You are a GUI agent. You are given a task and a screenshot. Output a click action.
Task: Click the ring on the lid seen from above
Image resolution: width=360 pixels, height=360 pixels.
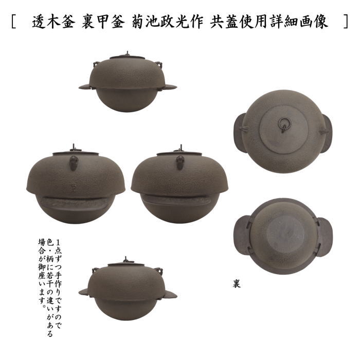pyautogui.click(x=283, y=124)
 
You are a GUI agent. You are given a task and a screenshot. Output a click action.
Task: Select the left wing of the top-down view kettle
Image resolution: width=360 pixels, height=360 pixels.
pyautogui.click(x=240, y=131)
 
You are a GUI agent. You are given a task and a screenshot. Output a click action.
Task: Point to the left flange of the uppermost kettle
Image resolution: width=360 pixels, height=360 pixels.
pyautogui.click(x=85, y=87)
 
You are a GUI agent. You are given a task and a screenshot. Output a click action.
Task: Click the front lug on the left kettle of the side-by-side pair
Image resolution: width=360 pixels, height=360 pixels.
pyautogui.click(x=75, y=164)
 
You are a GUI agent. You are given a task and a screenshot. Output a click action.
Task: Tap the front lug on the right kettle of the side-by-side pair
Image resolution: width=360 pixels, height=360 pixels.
pyautogui.click(x=181, y=163)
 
